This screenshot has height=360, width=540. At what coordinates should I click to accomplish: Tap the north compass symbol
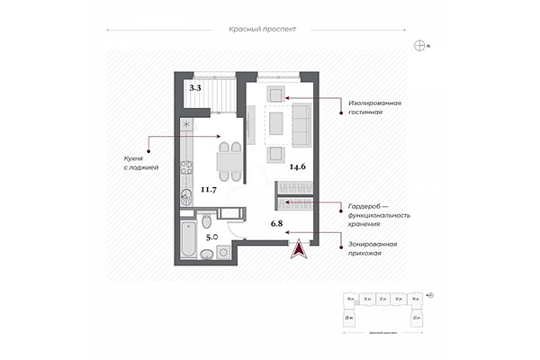(x=419, y=44)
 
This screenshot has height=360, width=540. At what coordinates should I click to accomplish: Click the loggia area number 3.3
(x=195, y=88)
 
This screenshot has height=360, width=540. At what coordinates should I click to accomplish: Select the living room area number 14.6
(x=298, y=166)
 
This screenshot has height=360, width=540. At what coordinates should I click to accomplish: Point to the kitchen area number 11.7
(x=209, y=189)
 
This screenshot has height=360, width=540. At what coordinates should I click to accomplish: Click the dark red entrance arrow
(x=297, y=248)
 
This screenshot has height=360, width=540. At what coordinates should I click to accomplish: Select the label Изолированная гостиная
(x=375, y=108)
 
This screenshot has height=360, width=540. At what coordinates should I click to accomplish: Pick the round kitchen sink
(x=185, y=195)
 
